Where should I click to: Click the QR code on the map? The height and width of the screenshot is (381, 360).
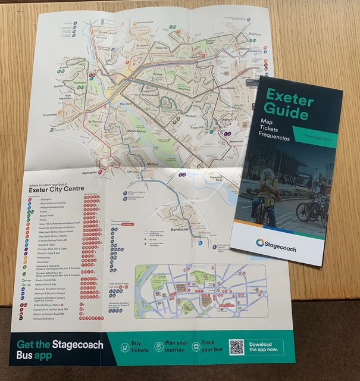236,346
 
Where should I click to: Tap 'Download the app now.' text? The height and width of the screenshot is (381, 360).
264,346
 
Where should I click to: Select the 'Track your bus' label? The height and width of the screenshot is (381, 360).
212,346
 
